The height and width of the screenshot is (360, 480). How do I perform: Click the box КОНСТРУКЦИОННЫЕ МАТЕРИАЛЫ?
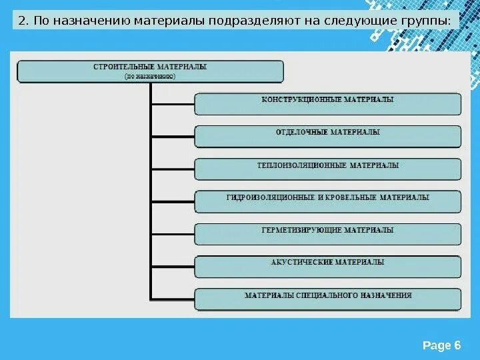[327, 104]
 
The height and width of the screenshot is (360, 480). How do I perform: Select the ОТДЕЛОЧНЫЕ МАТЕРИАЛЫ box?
[327, 137]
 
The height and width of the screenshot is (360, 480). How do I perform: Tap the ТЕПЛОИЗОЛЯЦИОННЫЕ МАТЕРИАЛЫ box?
[327, 169]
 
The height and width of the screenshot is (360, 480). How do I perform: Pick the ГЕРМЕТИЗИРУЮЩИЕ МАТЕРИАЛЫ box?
[327, 234]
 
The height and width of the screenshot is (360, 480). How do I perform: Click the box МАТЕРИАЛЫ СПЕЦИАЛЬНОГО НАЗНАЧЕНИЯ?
[327, 299]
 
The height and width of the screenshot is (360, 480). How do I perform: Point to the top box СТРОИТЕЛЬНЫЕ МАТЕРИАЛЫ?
[150, 71]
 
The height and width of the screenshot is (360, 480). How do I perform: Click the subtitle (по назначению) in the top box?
[150, 77]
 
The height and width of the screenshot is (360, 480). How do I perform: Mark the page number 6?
[457, 345]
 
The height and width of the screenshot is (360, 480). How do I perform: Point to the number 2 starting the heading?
[22, 21]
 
